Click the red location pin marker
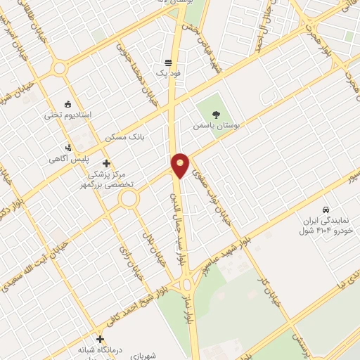[x=180, y=165]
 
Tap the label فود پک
[x=168, y=72]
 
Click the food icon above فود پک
[x=168, y=60]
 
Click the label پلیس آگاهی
[x=66, y=159]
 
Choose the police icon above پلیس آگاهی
[x=67, y=148]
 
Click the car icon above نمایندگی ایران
[x=325, y=210]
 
